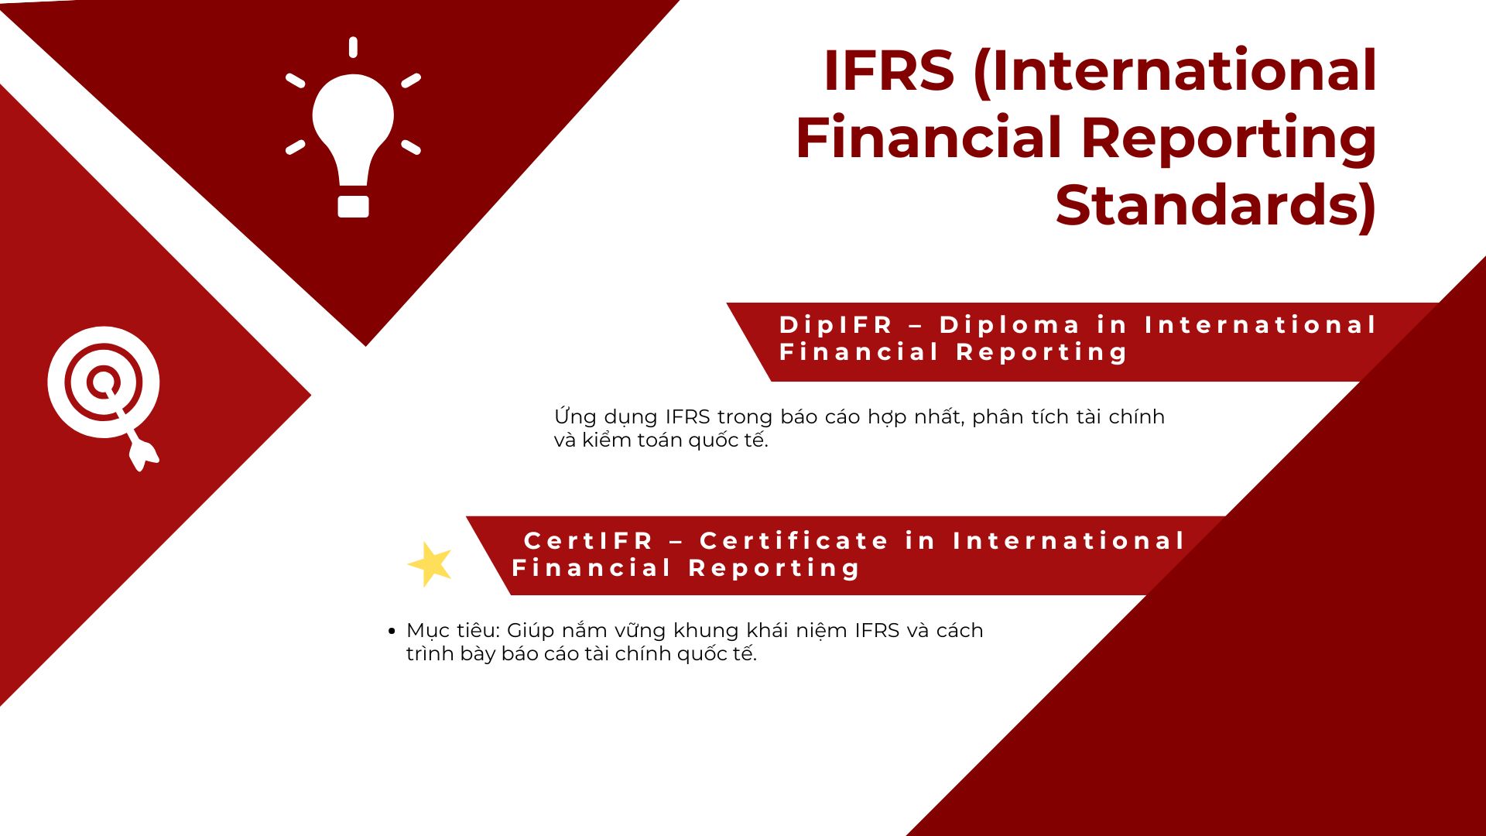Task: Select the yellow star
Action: coord(430,564)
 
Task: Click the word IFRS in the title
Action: coord(889,70)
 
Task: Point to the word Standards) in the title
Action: coord(1216,206)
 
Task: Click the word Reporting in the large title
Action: coord(1228,139)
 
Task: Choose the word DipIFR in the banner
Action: coord(837,325)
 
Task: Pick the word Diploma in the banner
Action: coord(1009,325)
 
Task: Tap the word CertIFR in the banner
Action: coord(589,540)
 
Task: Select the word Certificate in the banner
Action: coord(794,540)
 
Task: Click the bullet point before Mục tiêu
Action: coord(392,632)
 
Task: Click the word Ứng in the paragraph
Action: coord(575,416)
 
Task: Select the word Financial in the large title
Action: coord(929,139)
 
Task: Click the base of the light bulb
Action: coord(353,206)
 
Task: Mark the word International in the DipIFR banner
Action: coord(1261,325)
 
